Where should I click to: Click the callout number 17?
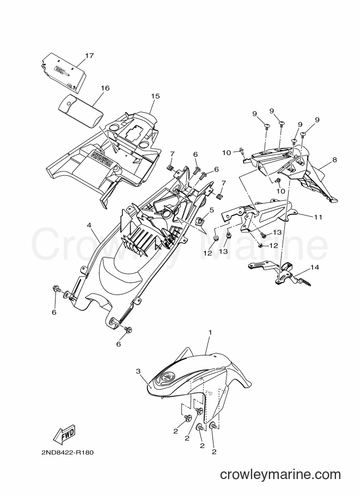coord(89,56)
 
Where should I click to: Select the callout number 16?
coord(105,88)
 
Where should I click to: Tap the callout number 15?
coord(155,96)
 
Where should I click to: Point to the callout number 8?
coord(334,160)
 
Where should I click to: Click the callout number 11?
coord(318,217)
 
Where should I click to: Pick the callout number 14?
coord(315,267)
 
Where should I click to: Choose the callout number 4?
coord(89,225)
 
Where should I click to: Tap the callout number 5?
coord(211,210)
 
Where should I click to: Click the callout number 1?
coord(210,332)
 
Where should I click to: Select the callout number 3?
coord(138,371)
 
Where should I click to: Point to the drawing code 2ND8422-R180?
coord(67,452)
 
